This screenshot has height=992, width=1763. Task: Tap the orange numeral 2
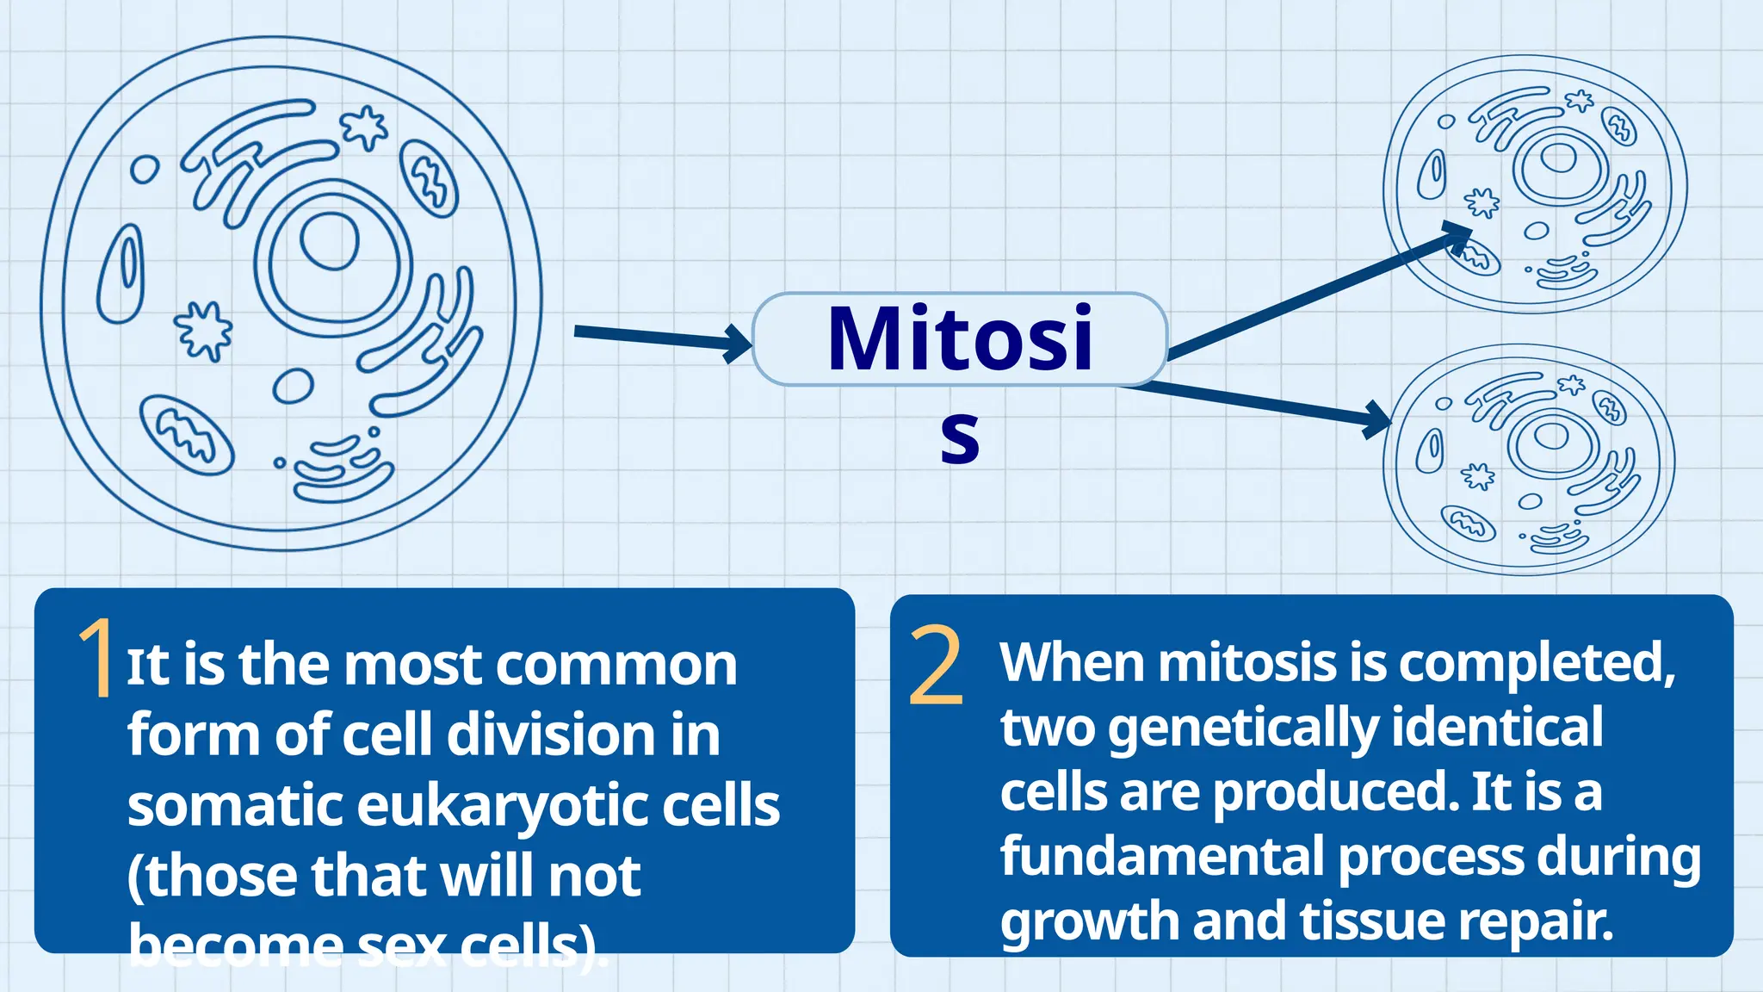coord(936,666)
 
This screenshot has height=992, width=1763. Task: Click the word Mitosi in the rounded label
coord(960,339)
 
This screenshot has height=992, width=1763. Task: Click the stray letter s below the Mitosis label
coord(959,437)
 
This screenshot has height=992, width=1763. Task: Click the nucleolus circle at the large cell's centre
coord(329,240)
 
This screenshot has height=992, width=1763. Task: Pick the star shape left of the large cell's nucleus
coord(203,331)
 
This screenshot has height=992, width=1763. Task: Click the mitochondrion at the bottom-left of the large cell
coord(187,435)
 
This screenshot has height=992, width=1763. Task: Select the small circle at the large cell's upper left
coord(144,169)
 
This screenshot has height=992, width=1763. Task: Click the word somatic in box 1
coord(234,806)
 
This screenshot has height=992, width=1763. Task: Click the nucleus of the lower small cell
coord(1551,436)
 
